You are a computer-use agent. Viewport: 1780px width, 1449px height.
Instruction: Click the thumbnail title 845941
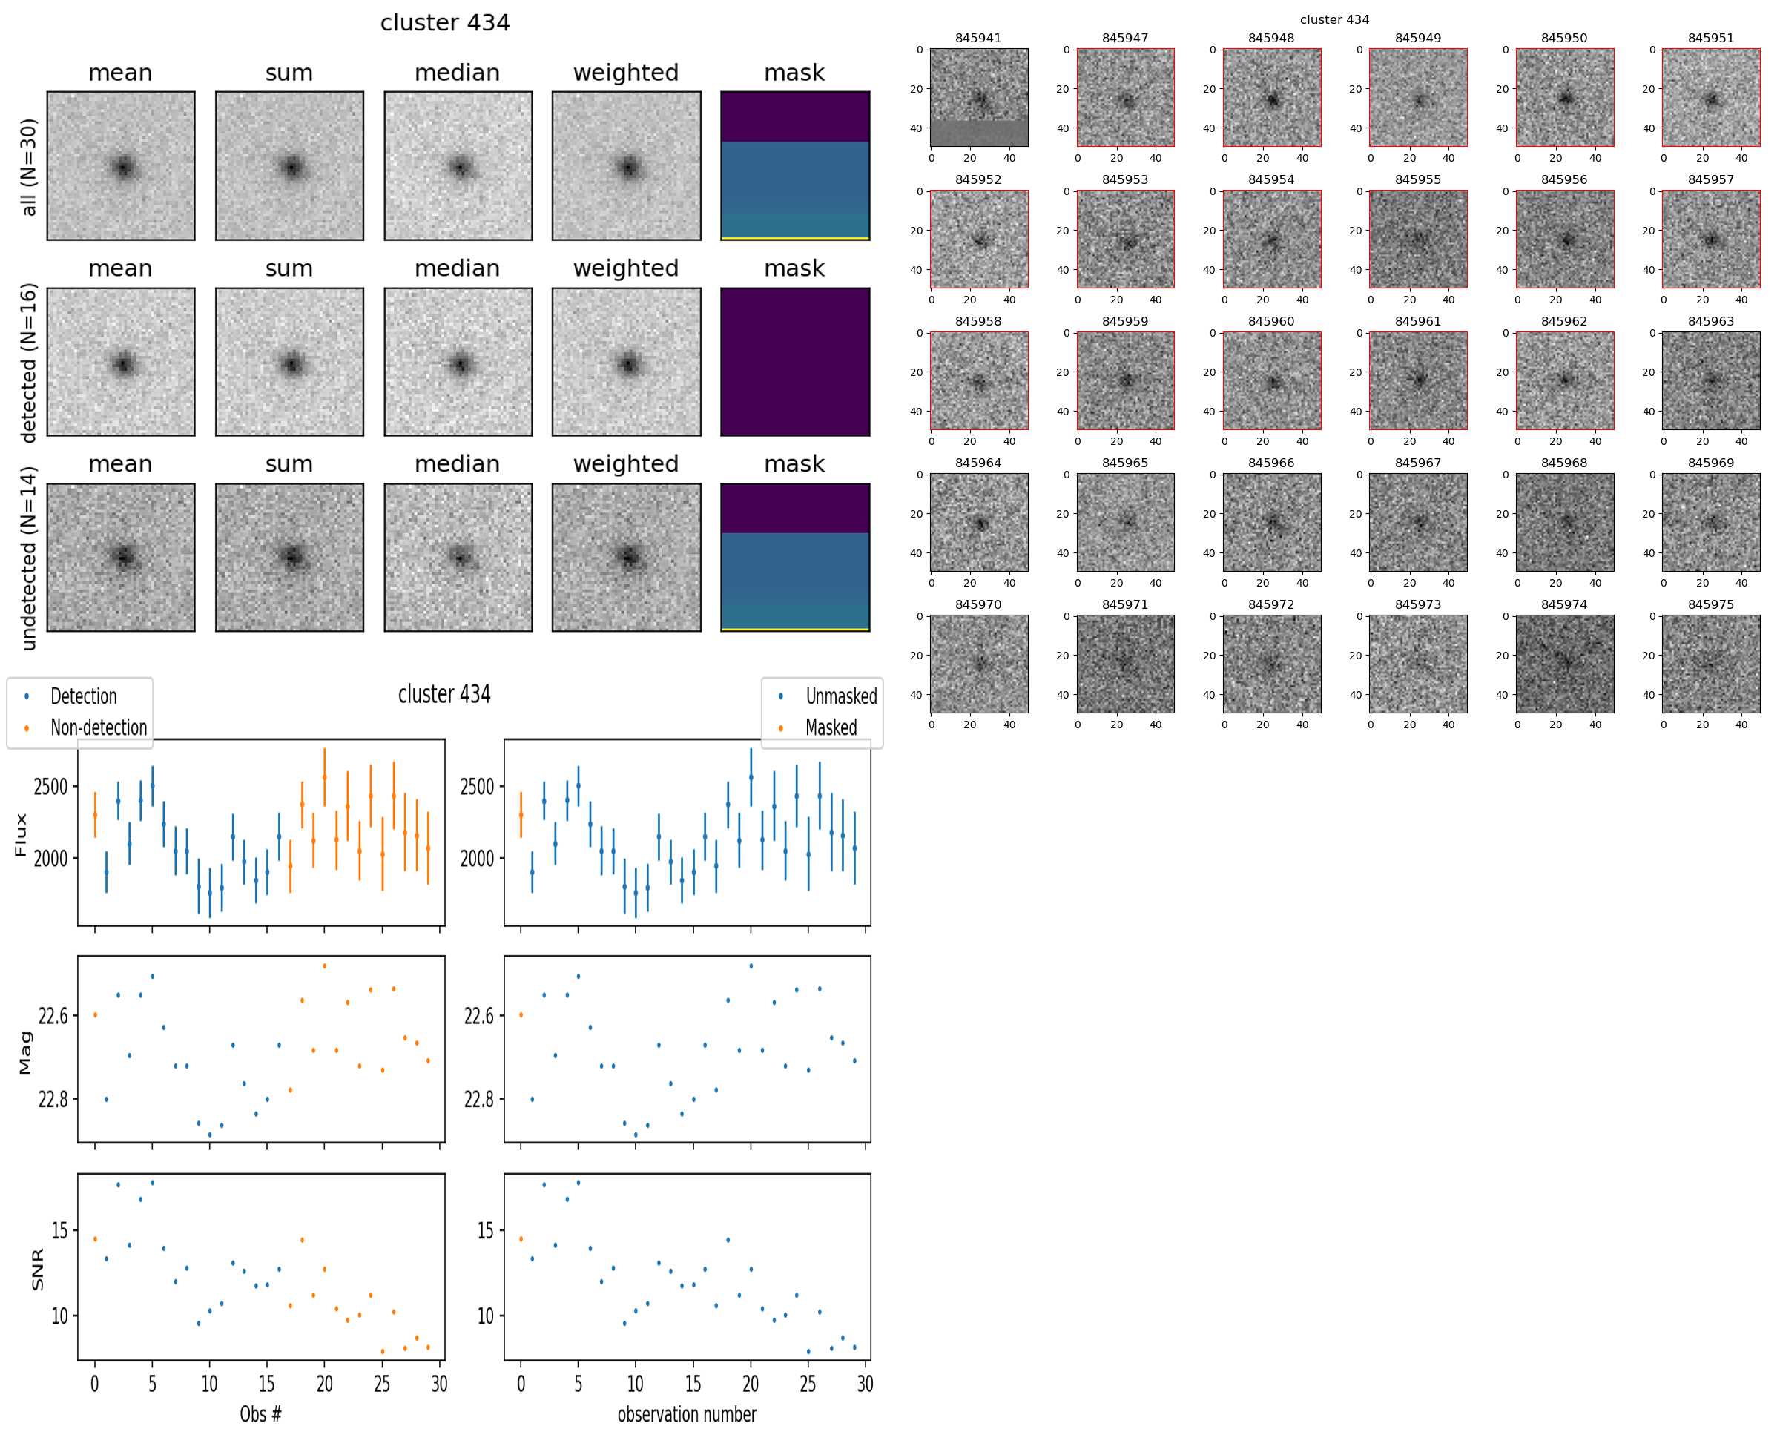point(978,39)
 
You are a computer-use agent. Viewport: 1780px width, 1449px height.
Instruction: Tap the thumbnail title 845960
point(1270,321)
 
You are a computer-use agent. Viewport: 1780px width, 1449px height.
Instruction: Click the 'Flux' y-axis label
point(21,835)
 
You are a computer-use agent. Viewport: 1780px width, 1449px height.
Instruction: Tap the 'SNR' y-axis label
point(37,1270)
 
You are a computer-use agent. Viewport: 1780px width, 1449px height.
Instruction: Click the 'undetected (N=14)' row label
point(28,558)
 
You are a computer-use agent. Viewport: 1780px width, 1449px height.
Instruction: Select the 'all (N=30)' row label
point(28,167)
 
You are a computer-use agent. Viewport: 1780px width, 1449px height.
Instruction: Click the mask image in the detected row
point(795,361)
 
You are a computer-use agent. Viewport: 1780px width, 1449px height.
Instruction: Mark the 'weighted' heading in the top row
point(625,73)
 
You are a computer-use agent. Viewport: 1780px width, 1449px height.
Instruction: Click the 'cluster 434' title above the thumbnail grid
point(1334,19)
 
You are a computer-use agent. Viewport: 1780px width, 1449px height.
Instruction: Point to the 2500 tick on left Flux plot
point(50,787)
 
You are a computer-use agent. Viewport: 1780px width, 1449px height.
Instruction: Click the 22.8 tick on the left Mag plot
point(53,1098)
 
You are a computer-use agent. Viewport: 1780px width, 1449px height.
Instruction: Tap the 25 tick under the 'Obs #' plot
point(381,1383)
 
